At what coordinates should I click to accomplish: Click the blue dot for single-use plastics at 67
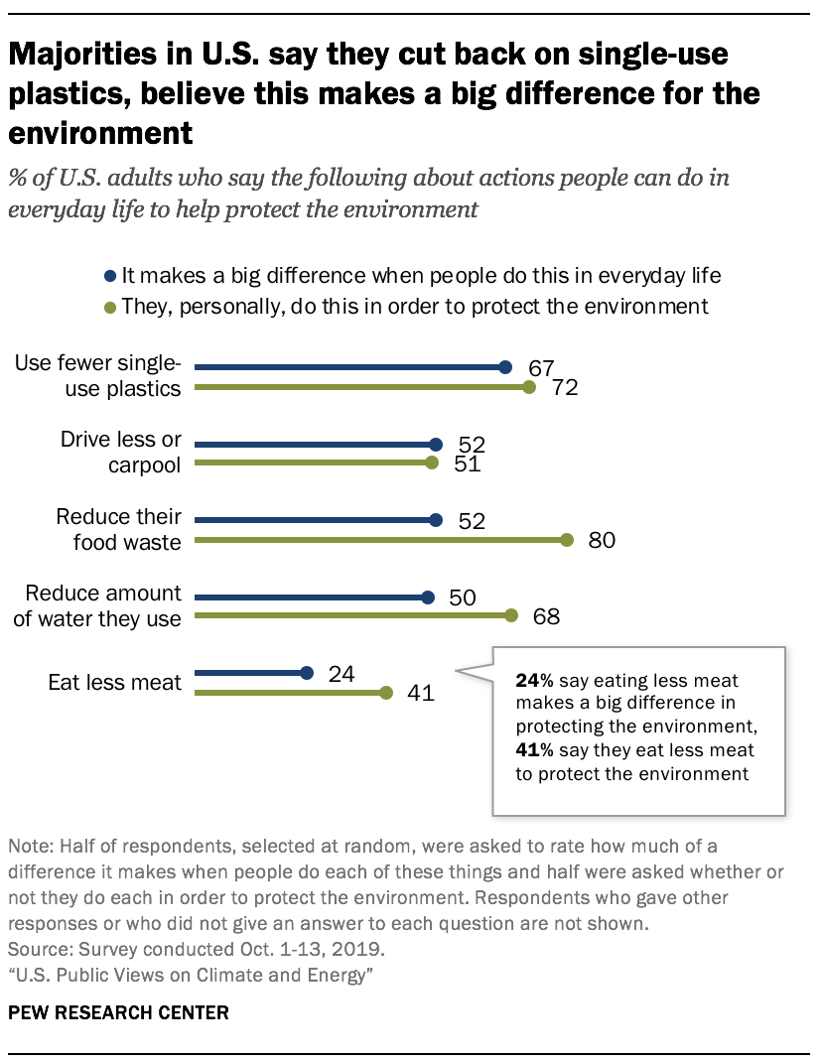tap(505, 367)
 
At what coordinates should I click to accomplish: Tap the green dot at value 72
tap(530, 387)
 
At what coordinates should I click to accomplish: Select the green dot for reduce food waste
tap(567, 540)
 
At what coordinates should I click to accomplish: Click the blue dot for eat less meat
tap(307, 673)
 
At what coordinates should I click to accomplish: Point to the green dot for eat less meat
tap(386, 693)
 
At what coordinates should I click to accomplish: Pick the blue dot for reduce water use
tap(428, 597)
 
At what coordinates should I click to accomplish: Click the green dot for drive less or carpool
tap(431, 463)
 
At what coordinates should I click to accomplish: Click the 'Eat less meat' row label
tap(115, 683)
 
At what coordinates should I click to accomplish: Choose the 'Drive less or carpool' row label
tap(121, 453)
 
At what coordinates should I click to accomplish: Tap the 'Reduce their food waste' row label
tap(118, 529)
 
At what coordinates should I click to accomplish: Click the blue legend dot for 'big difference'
tap(109, 276)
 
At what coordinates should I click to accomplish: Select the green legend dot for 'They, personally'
tap(109, 307)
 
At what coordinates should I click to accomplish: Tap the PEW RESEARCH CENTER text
tap(119, 1013)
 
